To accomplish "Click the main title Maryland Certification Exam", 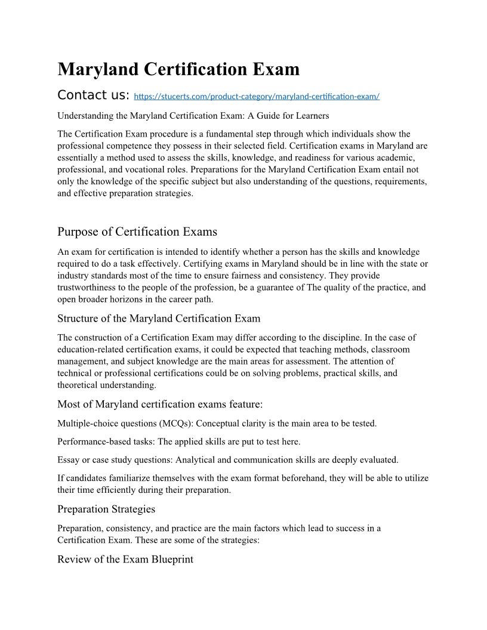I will click(178, 69).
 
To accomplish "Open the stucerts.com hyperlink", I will click(257, 96).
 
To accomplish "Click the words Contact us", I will click(93, 95).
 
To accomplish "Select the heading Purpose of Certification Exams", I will click(137, 231).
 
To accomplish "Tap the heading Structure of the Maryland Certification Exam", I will click(159, 318).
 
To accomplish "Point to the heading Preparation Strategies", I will click(106, 509).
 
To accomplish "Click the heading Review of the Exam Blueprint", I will click(125, 560).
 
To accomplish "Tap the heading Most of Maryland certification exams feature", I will click(160, 404).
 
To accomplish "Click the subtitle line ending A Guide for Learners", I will click(193, 115).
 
